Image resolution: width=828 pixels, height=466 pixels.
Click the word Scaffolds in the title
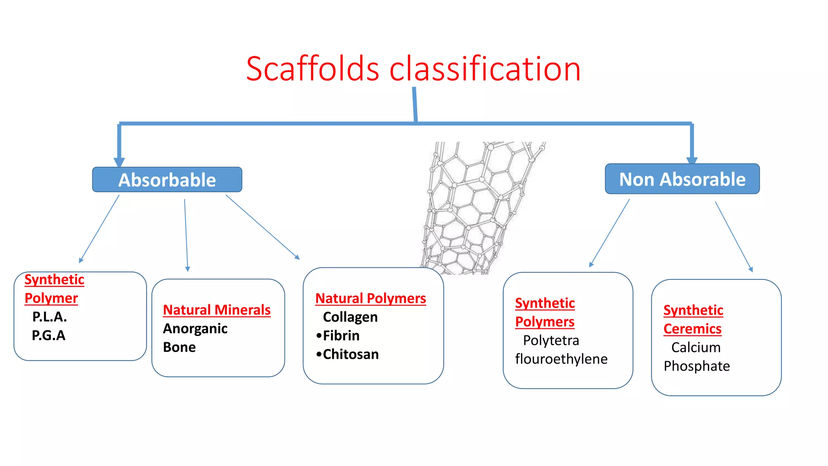tap(313, 69)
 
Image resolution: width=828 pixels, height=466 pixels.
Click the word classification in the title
tap(485, 69)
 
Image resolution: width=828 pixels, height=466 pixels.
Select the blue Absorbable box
tap(167, 180)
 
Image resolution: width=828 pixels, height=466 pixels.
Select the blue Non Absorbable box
tap(682, 179)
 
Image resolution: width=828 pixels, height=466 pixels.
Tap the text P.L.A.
tap(49, 317)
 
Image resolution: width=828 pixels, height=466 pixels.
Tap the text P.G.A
tap(49, 335)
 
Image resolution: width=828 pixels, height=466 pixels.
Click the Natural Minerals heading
tap(217, 310)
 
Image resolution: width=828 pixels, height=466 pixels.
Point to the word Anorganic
tap(195, 328)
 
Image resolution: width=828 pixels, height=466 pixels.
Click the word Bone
tap(179, 347)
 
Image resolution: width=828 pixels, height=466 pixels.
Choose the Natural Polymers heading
tap(370, 299)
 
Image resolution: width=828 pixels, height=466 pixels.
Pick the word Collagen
tap(350, 317)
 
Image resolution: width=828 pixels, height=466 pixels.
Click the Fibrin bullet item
tap(341, 336)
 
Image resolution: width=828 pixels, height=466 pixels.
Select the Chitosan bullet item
tap(350, 354)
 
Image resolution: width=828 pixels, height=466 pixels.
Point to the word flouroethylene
tap(561, 359)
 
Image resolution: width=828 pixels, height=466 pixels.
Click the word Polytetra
tap(551, 341)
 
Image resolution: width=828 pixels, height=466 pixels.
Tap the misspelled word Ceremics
tap(692, 329)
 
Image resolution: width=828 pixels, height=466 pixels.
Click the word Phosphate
tap(697, 366)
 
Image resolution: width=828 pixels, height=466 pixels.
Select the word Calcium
tap(696, 347)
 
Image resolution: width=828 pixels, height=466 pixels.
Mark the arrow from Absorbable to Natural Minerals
tap(186, 235)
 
